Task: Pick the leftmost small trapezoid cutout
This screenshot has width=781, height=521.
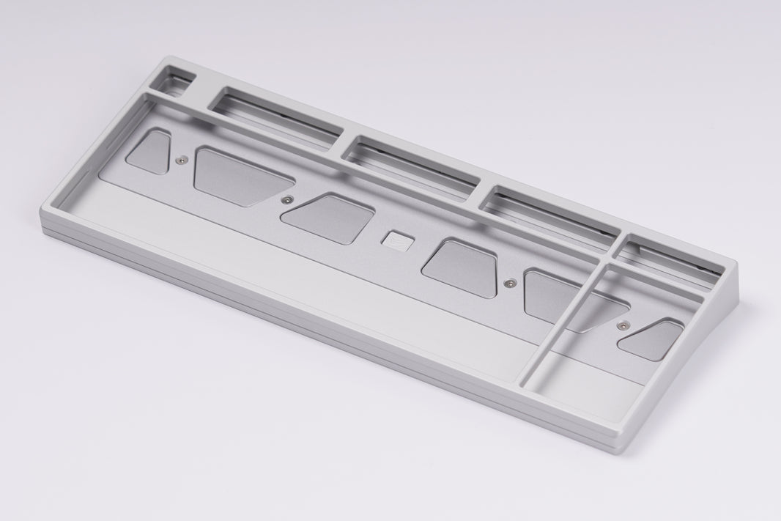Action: [151, 150]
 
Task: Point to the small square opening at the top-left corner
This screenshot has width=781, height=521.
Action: [174, 80]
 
